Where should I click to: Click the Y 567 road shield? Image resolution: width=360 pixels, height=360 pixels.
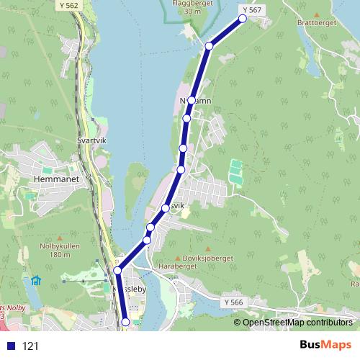[252, 9]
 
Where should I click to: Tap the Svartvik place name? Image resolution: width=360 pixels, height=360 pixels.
[91, 141]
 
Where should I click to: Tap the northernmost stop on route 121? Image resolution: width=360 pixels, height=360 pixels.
[243, 19]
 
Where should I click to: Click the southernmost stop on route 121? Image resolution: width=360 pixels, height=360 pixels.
[126, 322]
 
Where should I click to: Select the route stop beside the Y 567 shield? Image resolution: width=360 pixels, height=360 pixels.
[243, 19]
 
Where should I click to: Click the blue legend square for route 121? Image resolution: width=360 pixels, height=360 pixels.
[10, 346]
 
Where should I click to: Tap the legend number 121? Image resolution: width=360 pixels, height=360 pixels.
[31, 346]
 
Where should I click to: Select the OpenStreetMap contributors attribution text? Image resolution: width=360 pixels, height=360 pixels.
[297, 322]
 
